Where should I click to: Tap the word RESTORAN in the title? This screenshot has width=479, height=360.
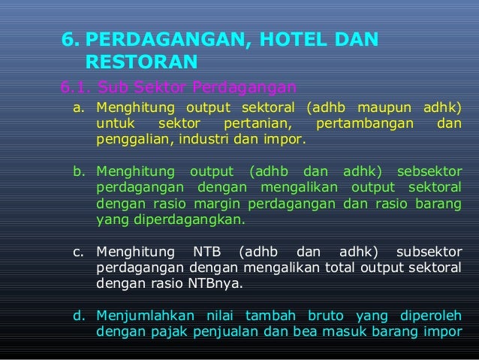[x=142, y=61]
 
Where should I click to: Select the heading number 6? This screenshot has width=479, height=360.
[x=70, y=38]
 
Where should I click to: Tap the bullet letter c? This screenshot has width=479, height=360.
[x=78, y=252]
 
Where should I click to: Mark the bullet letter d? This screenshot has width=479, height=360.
[x=78, y=316]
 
